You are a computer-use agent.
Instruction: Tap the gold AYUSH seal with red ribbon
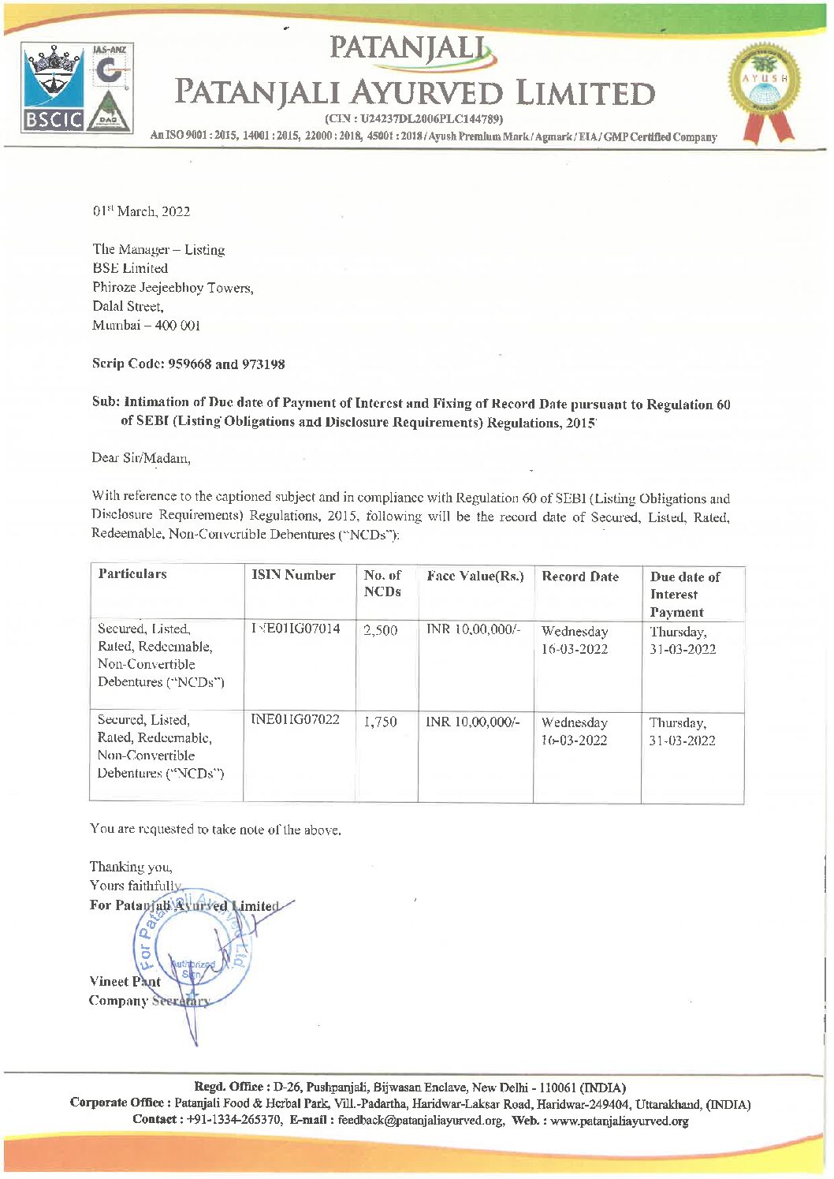point(763,91)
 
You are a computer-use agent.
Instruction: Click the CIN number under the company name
point(414,119)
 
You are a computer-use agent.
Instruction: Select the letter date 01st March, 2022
point(141,211)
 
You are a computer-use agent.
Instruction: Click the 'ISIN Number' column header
point(293,575)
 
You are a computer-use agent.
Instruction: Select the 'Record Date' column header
point(580,576)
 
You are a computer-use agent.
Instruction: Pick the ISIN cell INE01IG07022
point(295,719)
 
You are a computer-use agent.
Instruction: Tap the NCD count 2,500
point(380,630)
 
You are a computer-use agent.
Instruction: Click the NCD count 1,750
point(380,722)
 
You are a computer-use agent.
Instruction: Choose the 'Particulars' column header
point(132,574)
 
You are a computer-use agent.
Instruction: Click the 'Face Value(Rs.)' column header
point(475,576)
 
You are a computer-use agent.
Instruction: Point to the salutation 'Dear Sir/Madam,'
point(141,458)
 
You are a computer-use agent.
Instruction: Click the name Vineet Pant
point(125,982)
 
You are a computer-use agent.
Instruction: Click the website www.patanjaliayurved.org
point(619,1121)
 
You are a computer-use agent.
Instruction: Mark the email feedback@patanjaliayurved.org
point(421,1121)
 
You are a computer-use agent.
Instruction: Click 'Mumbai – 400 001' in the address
point(147,326)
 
